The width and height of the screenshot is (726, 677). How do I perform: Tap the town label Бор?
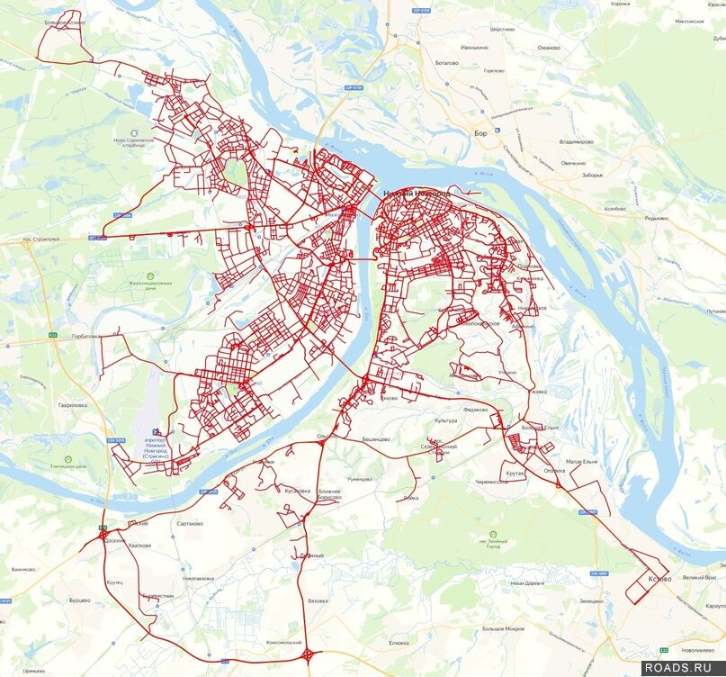coord(480,132)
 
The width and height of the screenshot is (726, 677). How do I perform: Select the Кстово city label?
coord(659,579)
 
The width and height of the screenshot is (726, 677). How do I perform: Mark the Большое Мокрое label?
coord(503,627)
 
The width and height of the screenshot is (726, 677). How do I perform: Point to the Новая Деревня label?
coord(529,582)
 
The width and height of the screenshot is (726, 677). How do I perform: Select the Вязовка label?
coord(318,600)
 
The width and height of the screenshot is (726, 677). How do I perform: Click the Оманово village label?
coord(549,47)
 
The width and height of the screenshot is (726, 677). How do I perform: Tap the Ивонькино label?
coord(474,47)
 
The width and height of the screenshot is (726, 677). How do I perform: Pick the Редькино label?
coord(656,218)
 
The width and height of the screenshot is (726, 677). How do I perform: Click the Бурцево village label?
coord(80,600)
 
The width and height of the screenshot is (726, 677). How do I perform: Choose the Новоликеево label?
coord(698,650)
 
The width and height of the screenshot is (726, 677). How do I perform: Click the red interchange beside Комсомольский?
coord(309,655)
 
